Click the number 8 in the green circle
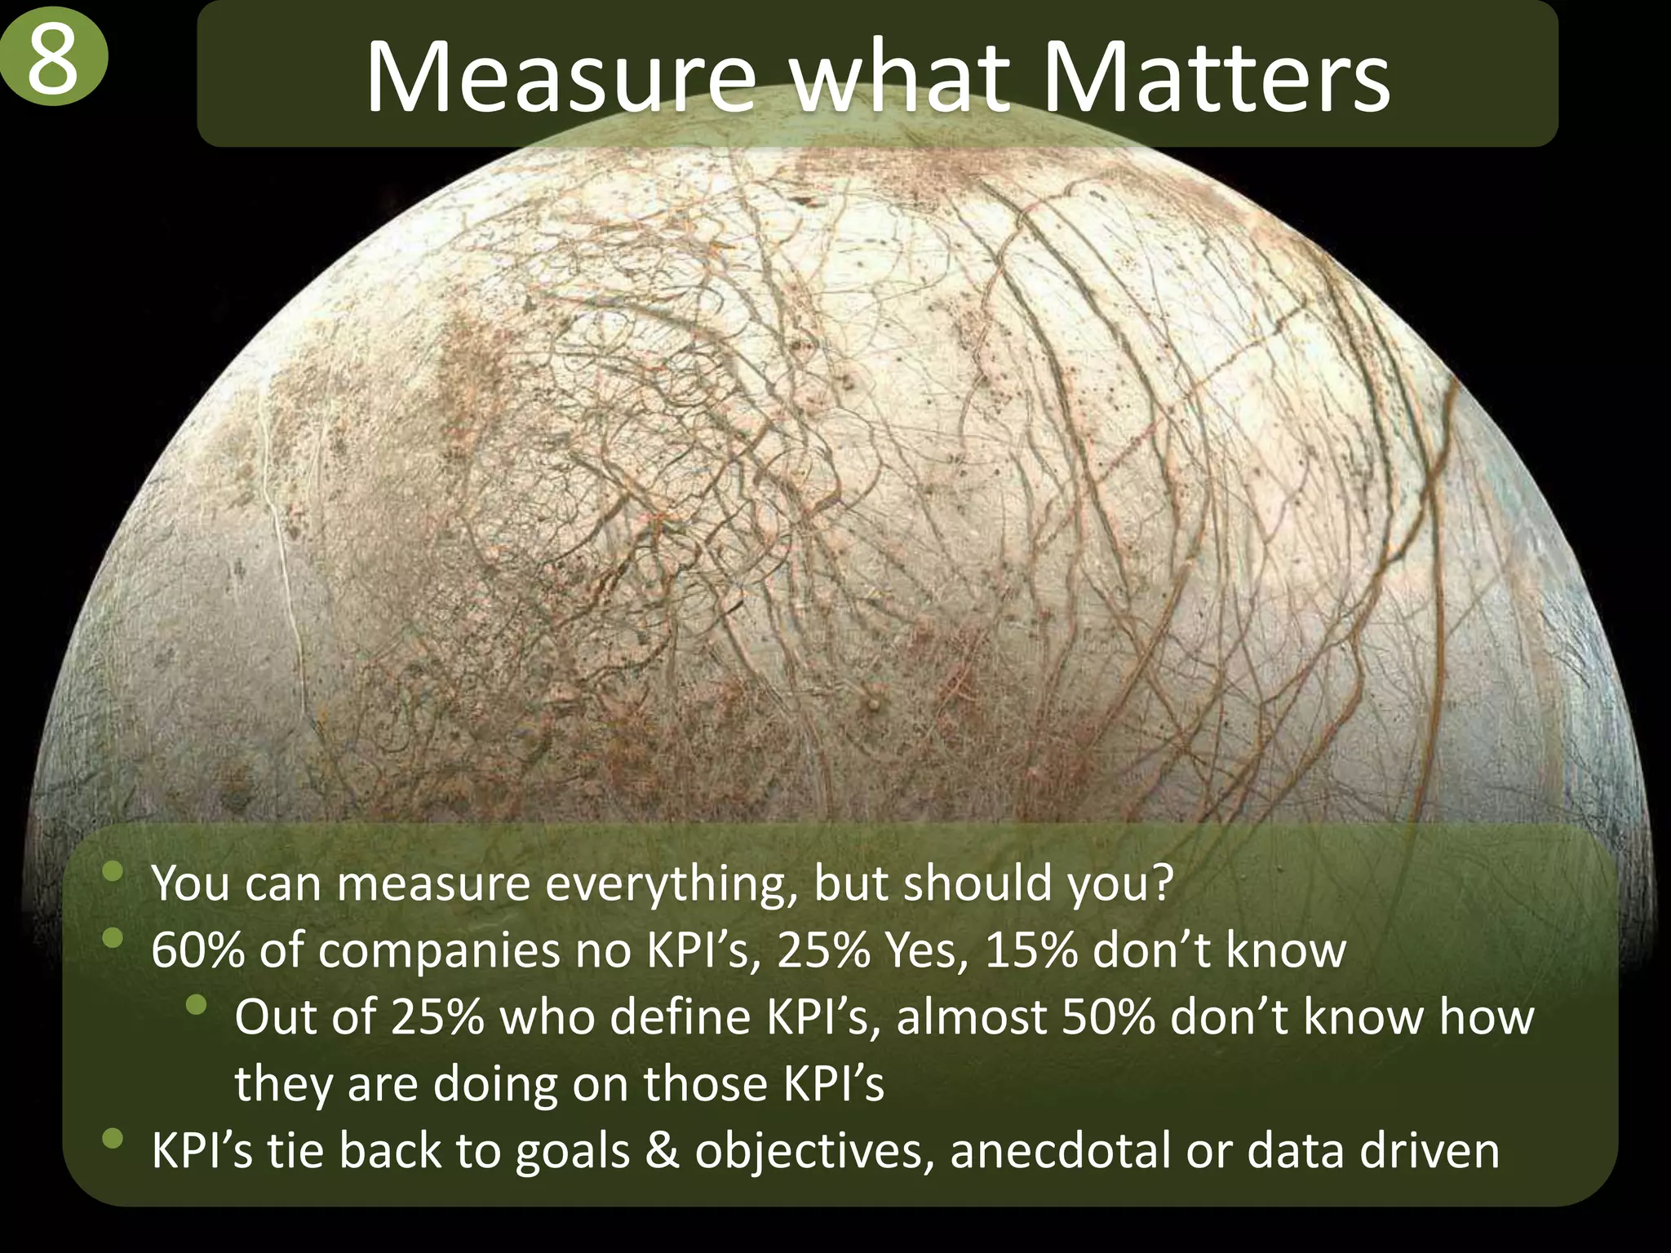click(53, 63)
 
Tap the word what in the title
click(898, 78)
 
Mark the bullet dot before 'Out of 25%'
click(196, 1005)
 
